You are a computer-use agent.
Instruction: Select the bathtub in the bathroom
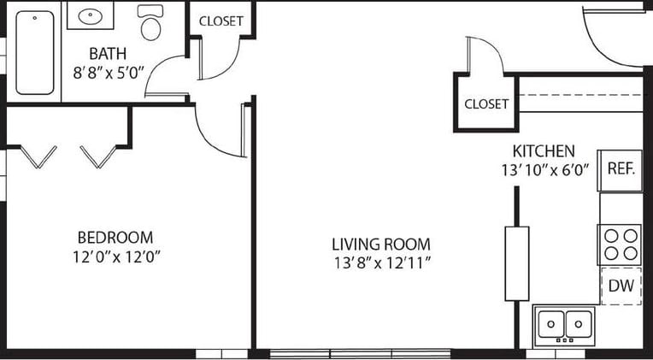[x=35, y=52]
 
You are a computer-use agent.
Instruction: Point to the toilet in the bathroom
[x=151, y=25]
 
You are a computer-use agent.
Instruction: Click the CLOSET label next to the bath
[x=221, y=21]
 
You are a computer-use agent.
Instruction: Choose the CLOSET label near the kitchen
[x=486, y=104]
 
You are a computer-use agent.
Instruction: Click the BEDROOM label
[x=115, y=237]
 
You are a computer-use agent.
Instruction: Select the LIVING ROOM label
[x=381, y=244]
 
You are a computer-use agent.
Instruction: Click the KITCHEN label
[x=538, y=150]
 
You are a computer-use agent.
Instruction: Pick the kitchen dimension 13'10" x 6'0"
[x=545, y=170]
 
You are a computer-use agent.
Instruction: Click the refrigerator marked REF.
[x=621, y=168]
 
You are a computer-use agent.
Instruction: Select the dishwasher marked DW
[x=621, y=286]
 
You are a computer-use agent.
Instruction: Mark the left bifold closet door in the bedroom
[x=38, y=156]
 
